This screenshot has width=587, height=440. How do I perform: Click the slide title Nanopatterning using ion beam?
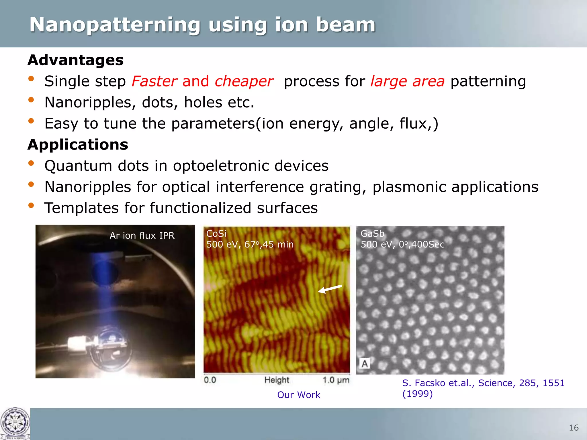tap(202, 25)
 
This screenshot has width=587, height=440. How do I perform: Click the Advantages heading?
tap(75, 60)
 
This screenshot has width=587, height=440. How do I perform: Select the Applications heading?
tap(78, 144)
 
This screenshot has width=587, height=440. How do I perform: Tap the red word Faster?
tap(154, 81)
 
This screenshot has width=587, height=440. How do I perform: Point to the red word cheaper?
tap(244, 81)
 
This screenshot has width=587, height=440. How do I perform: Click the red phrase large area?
tap(407, 81)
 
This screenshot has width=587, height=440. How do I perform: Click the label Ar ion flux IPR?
tap(142, 235)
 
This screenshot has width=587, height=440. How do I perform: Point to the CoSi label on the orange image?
tap(216, 234)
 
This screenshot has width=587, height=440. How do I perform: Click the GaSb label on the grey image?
tap(372, 234)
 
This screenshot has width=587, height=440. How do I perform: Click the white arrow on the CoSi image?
tap(330, 289)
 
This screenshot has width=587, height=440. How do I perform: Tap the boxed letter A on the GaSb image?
tap(365, 364)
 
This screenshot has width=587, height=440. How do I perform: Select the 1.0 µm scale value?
tap(336, 380)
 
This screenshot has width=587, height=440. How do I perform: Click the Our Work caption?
tap(298, 395)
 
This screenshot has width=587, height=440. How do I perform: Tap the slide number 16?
tap(574, 428)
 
